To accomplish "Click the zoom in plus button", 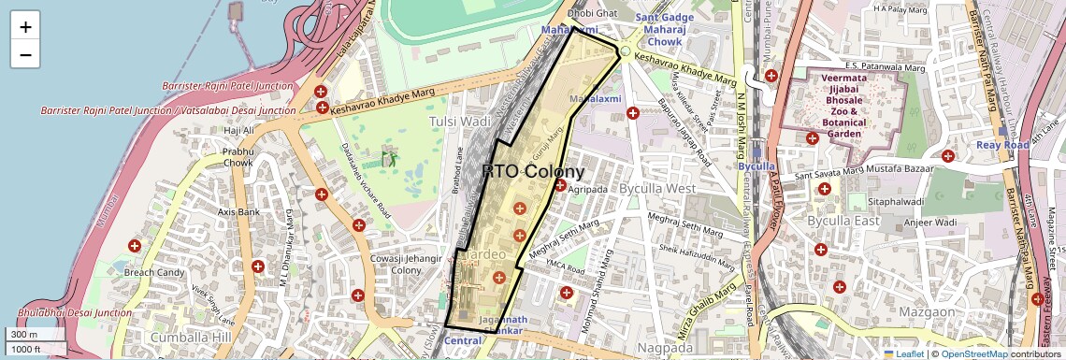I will click(25, 27).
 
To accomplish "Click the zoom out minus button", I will click(25, 54).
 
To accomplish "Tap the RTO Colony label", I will click(533, 172).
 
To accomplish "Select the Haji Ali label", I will click(238, 130).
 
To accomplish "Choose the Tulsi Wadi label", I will click(459, 122).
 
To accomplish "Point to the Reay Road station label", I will click(1002, 145).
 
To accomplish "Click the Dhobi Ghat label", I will click(593, 14).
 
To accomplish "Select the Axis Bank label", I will click(238, 212).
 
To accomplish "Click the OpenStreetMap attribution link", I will click(974, 353).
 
